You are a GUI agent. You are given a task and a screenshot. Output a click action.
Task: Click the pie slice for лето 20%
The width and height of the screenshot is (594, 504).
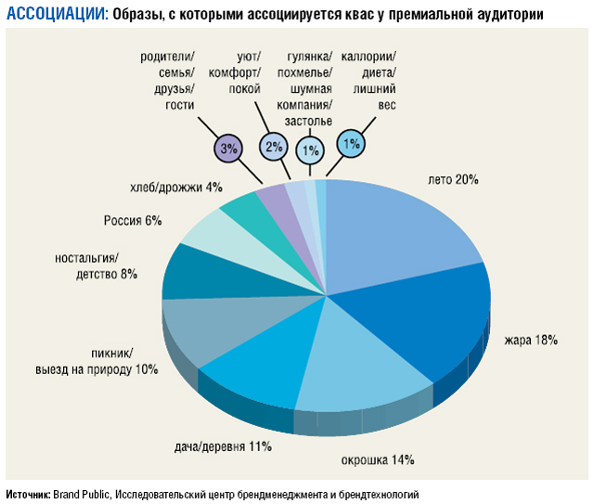click(399, 232)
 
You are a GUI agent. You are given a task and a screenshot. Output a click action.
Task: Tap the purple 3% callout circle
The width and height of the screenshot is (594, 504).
click(228, 147)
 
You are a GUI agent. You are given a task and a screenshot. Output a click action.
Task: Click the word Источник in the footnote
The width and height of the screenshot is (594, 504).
click(27, 494)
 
